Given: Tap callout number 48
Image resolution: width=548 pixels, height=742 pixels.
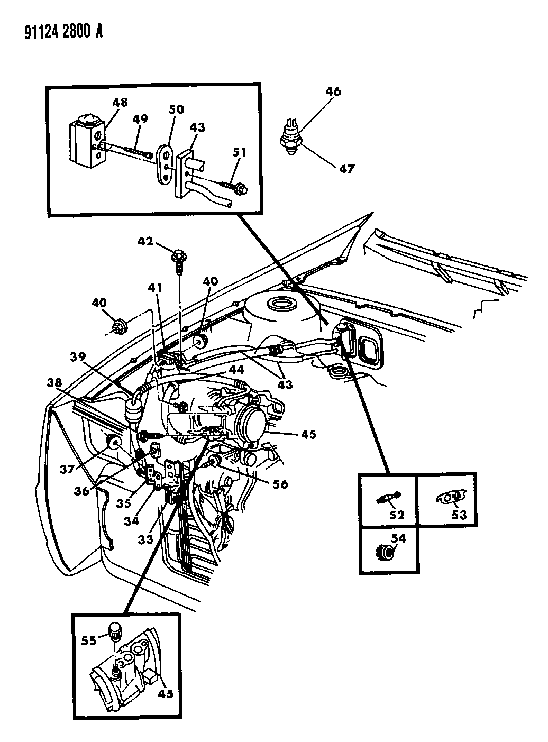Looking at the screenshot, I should point(120,102).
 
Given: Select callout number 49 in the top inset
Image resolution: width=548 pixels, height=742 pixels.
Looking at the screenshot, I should point(140,120).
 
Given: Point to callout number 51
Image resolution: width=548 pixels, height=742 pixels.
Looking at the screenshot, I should point(240,153).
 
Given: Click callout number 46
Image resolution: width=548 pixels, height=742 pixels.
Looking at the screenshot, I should point(333,91).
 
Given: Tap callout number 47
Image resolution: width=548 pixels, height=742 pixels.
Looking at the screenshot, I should point(347,169).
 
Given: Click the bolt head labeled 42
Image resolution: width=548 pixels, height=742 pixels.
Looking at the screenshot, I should point(177,255).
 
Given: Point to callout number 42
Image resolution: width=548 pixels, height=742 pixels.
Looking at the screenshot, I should point(145,242).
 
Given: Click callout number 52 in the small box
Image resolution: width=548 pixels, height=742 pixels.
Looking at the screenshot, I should point(397,515).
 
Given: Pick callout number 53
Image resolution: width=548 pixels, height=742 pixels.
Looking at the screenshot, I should point(459,514).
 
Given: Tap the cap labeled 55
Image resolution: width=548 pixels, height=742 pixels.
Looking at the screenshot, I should point(115,630).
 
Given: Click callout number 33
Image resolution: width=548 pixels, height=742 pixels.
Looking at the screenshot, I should point(145,539).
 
